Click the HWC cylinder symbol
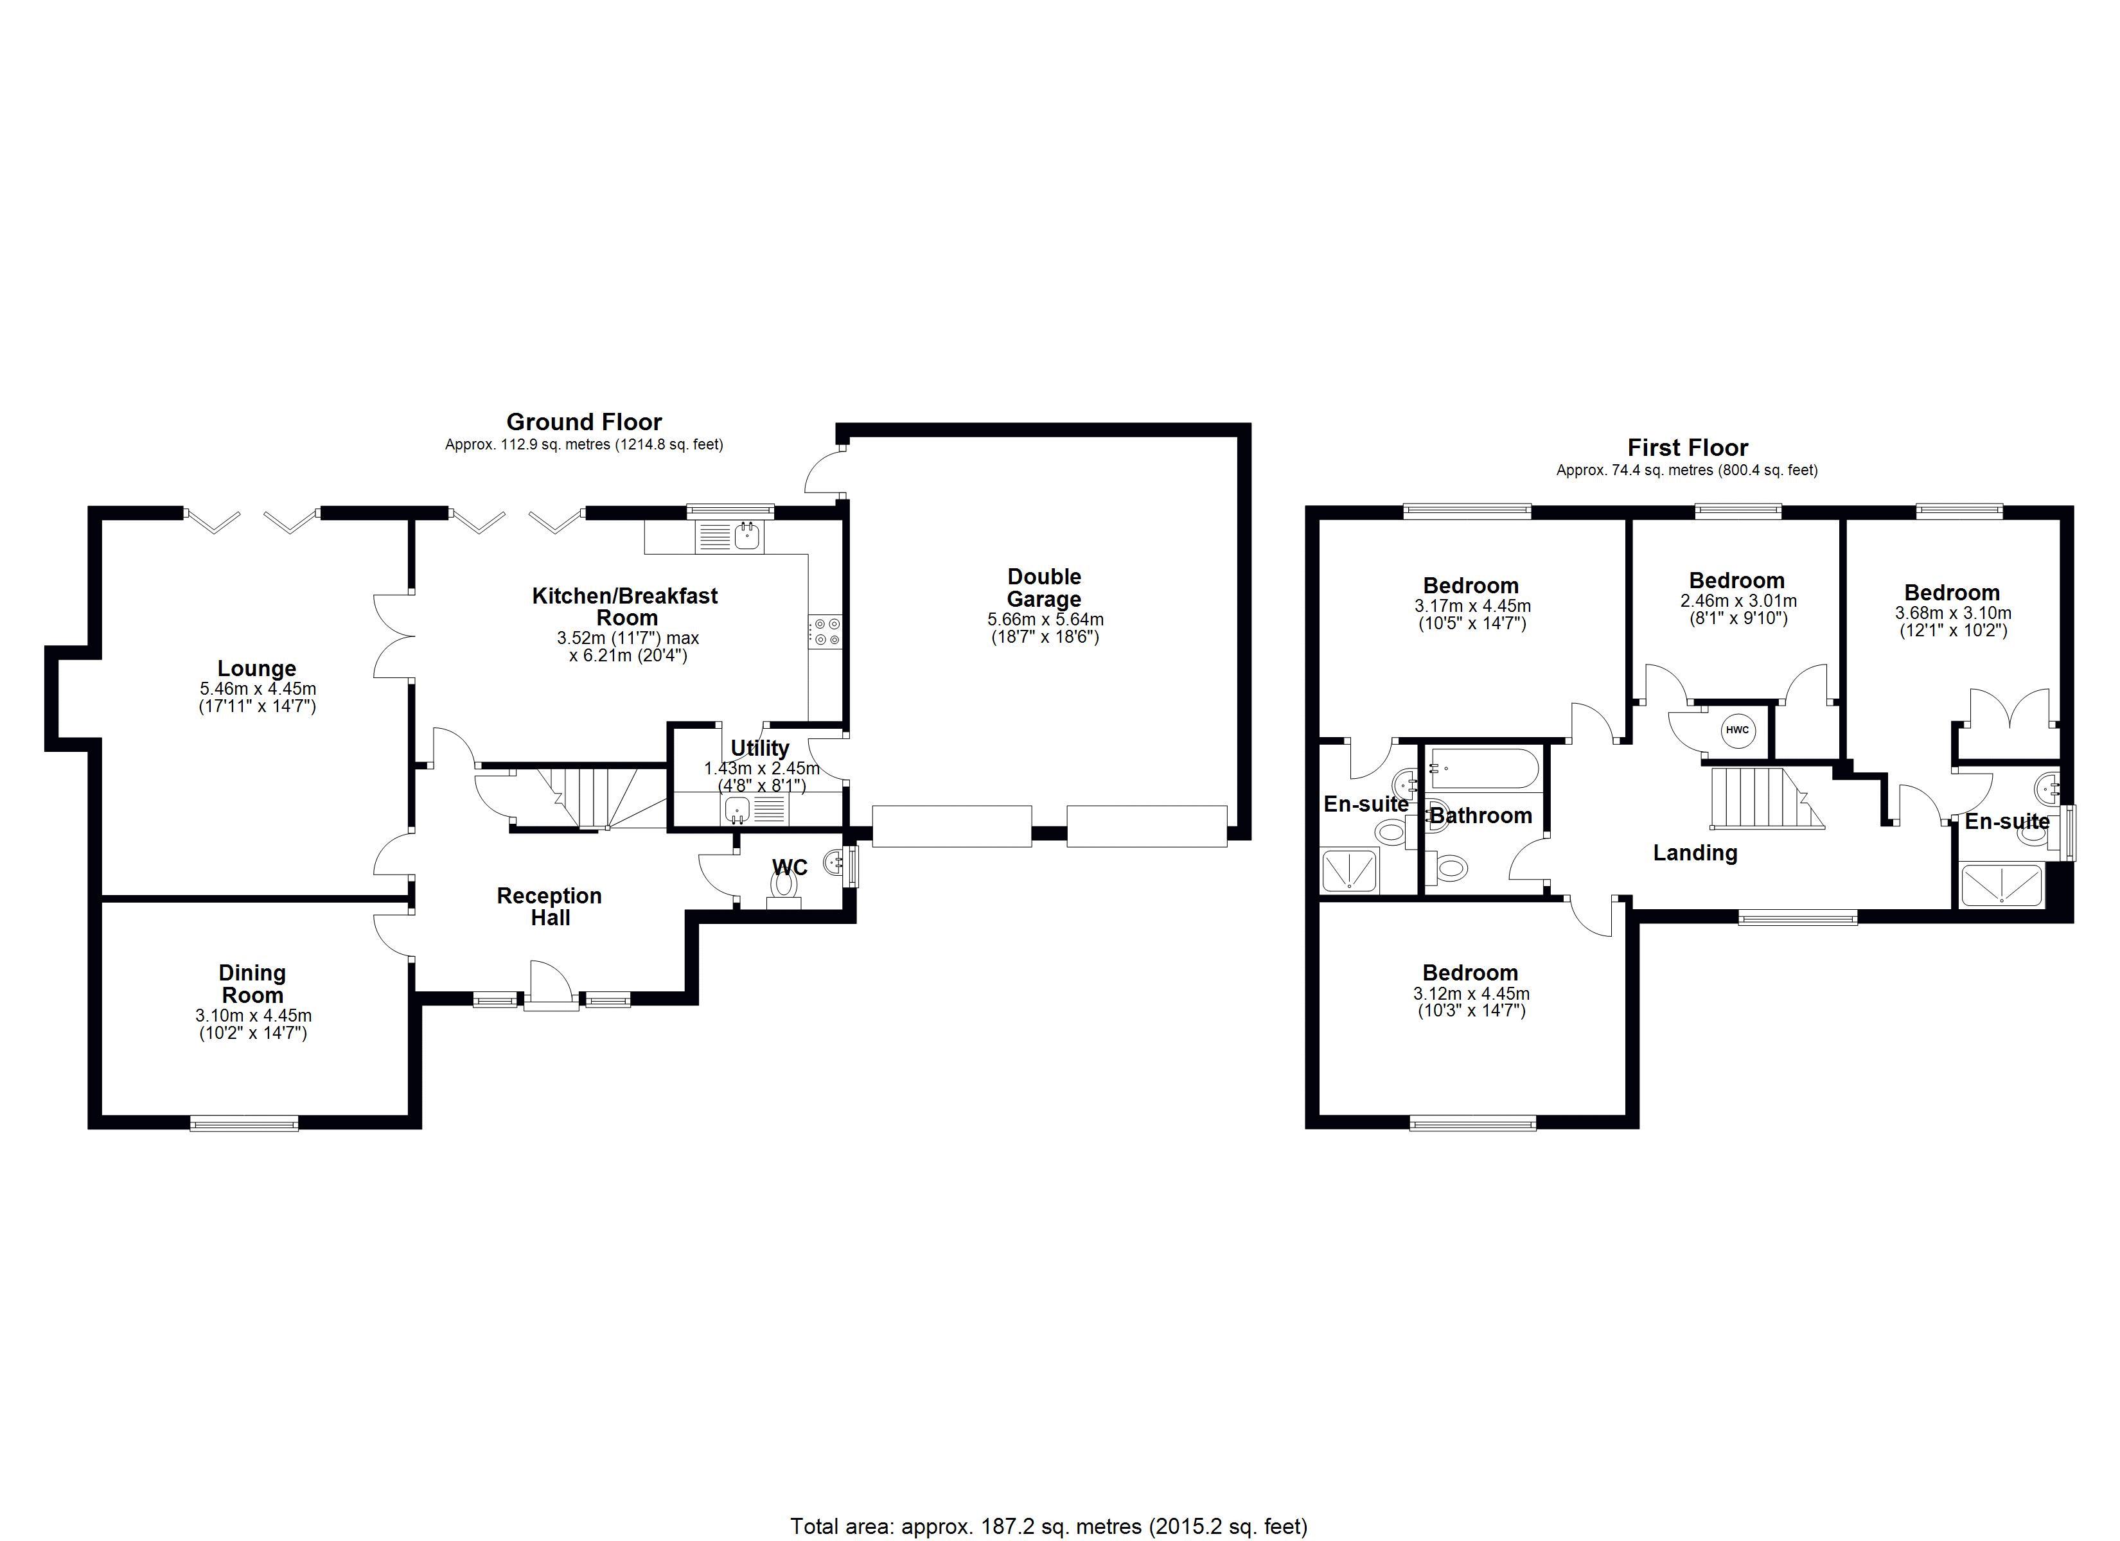[x=1736, y=730]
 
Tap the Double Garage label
[x=1044, y=588]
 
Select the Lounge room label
[x=257, y=668]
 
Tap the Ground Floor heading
[x=584, y=421]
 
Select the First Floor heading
[x=1687, y=448]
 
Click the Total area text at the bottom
[x=1049, y=1526]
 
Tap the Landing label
[x=1695, y=852]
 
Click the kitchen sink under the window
[x=746, y=536]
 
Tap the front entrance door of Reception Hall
[x=550, y=991]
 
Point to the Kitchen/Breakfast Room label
[x=625, y=607]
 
